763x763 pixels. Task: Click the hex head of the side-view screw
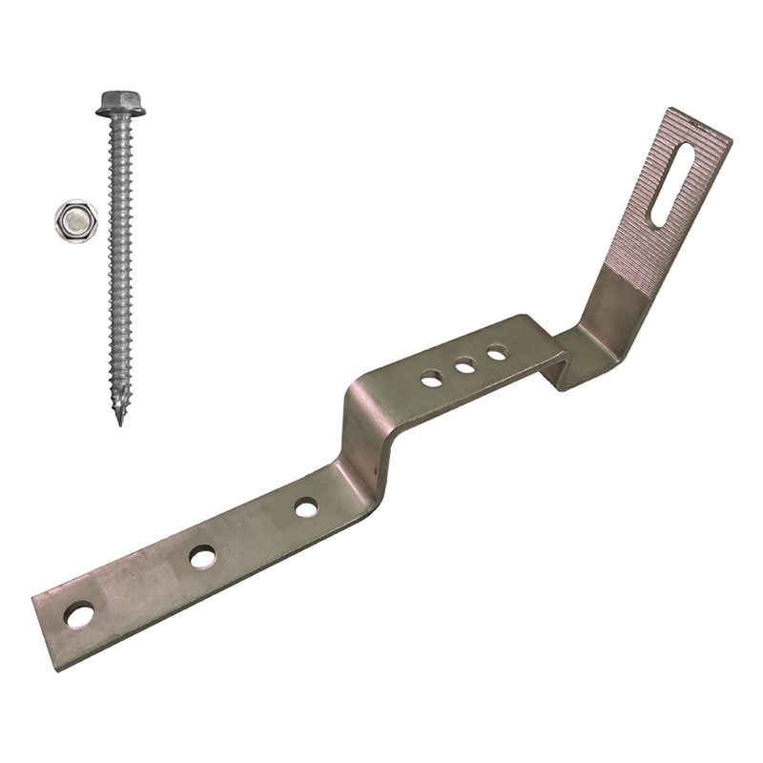[x=120, y=99]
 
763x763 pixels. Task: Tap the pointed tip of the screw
[x=120, y=419]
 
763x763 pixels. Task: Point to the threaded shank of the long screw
[x=120, y=267]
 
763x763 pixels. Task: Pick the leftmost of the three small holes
[x=433, y=379]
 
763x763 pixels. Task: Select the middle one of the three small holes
[x=465, y=365]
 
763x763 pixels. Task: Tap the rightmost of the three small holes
[x=496, y=354]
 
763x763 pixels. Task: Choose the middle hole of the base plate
[x=202, y=556]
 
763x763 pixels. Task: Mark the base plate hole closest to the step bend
[x=306, y=507]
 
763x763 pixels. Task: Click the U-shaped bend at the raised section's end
[x=558, y=367]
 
